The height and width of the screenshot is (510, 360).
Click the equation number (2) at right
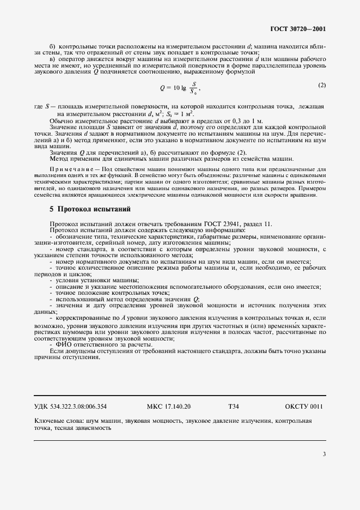point(321,85)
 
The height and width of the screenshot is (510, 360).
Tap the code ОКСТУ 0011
point(304,406)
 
